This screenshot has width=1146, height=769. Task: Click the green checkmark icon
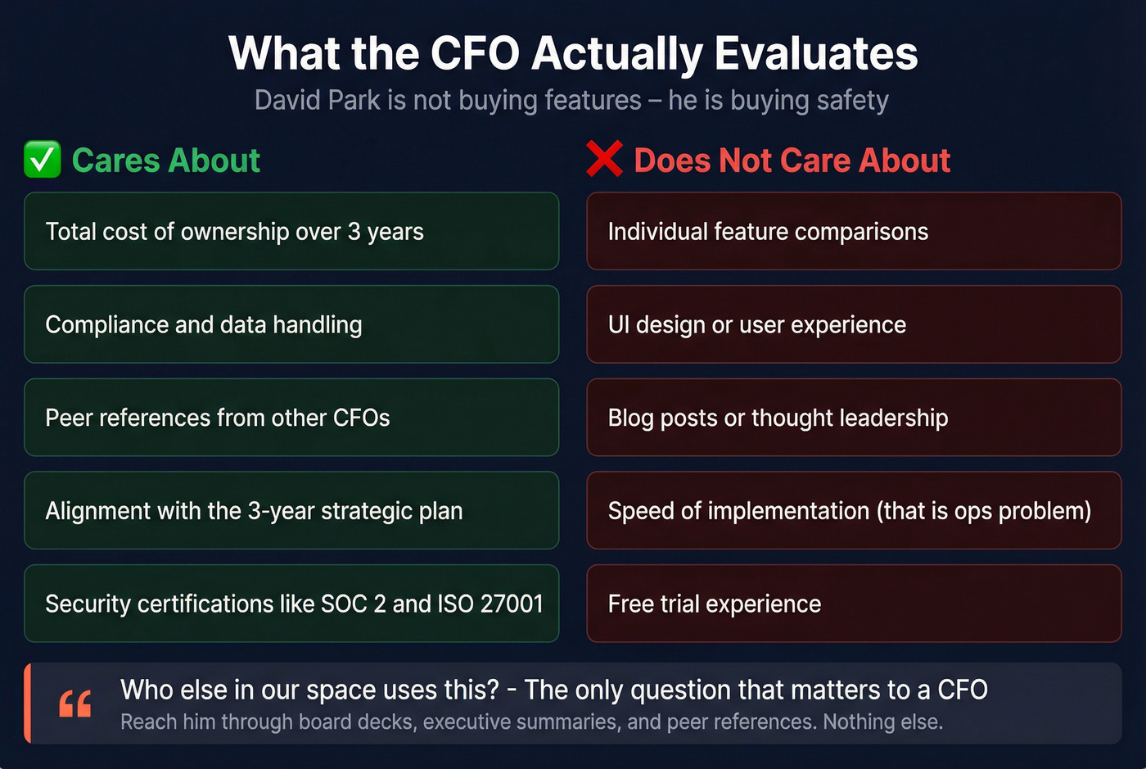tap(43, 159)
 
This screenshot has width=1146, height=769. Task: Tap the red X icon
tap(605, 159)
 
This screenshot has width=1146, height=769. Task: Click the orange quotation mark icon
tap(75, 703)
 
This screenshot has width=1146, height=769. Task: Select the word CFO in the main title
tap(475, 53)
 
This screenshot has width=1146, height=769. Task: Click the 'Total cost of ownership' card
tap(291, 231)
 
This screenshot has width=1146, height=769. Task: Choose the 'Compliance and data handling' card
tap(291, 324)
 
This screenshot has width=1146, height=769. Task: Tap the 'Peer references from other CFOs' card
tap(291, 418)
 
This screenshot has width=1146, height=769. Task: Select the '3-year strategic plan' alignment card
tap(291, 510)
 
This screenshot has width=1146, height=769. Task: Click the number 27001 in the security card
tap(512, 604)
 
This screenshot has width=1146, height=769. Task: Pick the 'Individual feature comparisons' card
tap(854, 231)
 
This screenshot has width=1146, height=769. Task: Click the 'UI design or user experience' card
tap(854, 324)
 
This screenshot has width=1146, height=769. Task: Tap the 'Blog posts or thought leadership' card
tap(854, 418)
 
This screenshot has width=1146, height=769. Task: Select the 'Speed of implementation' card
tap(854, 510)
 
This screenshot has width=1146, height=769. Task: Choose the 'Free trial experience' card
tap(854, 604)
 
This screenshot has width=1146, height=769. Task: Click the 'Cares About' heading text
tap(166, 161)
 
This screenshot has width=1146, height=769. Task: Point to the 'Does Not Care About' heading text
tap(792, 161)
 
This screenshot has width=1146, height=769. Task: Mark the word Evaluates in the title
tap(816, 53)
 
